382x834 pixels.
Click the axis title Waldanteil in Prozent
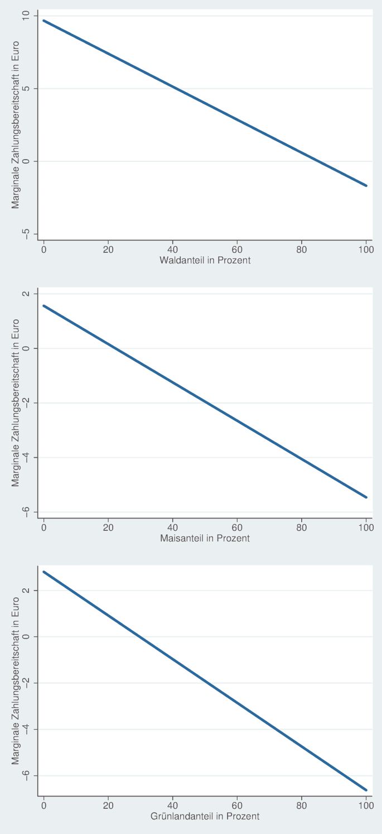pos(205,260)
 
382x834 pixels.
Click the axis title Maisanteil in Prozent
pos(205,538)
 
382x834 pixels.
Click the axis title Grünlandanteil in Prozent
pos(205,817)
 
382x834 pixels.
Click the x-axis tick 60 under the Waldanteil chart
pos(237,249)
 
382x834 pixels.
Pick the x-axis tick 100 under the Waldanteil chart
pos(366,249)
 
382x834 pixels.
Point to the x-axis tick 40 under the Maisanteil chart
pos(172,527)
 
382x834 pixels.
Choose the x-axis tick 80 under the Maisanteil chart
pos(302,527)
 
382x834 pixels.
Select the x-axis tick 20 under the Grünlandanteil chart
pos(108,806)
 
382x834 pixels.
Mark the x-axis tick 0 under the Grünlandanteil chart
pos(43,806)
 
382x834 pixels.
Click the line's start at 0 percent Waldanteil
pos(43,21)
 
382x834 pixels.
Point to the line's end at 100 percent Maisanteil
pos(366,497)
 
